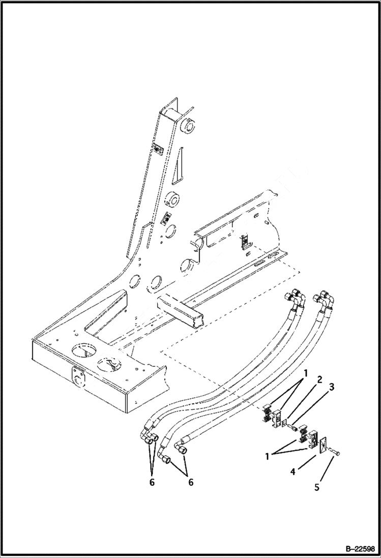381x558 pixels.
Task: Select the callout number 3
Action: click(331, 388)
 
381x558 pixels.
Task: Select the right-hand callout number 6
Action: click(190, 482)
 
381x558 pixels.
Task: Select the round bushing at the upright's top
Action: click(189, 126)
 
